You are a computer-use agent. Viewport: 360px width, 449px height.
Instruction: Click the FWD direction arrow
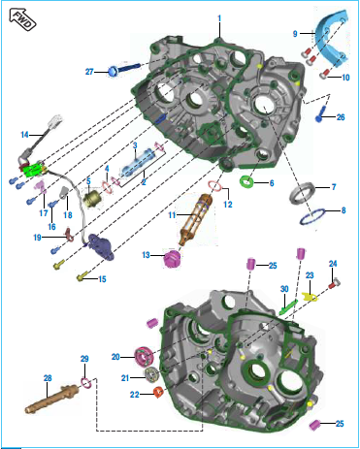[22, 19]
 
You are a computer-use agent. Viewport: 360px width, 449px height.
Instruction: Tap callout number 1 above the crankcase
[219, 18]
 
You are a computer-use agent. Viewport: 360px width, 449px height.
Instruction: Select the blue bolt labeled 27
[125, 69]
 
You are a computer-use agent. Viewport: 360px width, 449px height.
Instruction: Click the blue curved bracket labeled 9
[333, 37]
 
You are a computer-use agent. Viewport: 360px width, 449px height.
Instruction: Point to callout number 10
[345, 78]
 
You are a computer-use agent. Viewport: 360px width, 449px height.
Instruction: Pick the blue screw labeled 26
[321, 114]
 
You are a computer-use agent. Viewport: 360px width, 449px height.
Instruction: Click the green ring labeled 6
[247, 182]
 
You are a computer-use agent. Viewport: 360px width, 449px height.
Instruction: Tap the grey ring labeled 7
[302, 193]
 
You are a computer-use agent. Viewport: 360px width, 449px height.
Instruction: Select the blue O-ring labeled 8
[312, 216]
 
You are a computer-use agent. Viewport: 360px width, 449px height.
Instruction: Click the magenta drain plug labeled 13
[172, 258]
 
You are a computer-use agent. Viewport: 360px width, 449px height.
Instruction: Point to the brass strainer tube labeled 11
[195, 219]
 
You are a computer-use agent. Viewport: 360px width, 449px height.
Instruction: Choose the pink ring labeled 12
[214, 185]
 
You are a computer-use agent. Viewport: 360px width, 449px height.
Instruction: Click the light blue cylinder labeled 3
[138, 163]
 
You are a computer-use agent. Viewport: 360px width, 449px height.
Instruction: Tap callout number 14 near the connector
[25, 135]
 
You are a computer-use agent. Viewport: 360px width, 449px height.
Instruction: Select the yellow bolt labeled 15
[82, 277]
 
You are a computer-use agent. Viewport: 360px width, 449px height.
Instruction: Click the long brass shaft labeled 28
[51, 400]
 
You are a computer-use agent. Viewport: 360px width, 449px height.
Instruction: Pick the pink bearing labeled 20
[144, 357]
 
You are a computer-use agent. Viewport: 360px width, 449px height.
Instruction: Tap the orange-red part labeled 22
[158, 392]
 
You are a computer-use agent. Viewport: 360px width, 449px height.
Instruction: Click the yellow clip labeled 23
[310, 296]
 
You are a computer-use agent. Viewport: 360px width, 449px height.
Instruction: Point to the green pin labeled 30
[288, 307]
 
